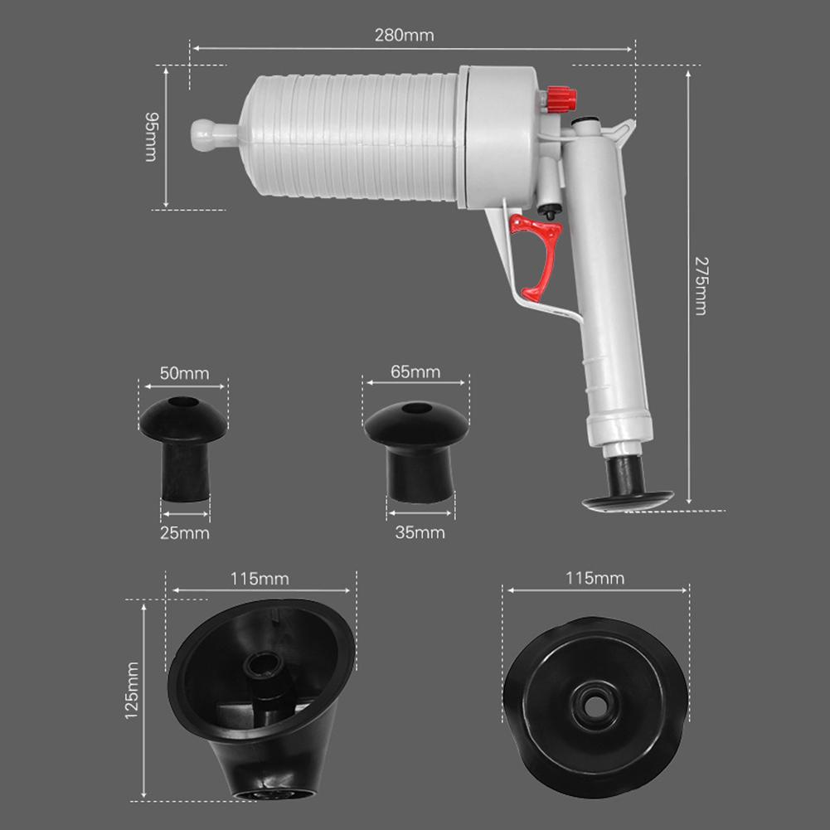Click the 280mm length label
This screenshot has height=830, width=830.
click(x=403, y=36)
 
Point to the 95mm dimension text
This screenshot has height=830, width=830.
click(x=151, y=137)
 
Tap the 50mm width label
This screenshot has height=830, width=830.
click(x=184, y=373)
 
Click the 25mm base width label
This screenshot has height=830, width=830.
click(x=184, y=532)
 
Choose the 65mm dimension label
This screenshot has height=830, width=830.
click(x=415, y=371)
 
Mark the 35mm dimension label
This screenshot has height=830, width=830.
click(x=420, y=532)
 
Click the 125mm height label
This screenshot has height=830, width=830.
click(x=131, y=690)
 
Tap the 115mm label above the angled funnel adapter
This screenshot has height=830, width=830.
click(x=261, y=578)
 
